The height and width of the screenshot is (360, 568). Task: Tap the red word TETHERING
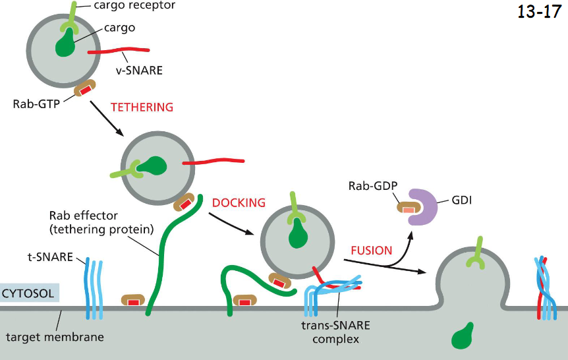point(142,107)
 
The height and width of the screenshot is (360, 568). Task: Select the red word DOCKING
point(239,202)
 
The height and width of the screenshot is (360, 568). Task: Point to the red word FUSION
point(371,251)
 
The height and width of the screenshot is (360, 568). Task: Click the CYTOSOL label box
point(30,293)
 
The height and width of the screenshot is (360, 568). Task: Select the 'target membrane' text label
point(55,338)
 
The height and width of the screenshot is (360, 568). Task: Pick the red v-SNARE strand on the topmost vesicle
point(119,51)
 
